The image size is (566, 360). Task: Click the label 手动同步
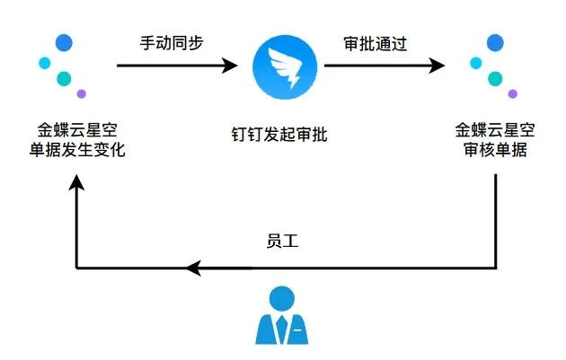coord(172,43)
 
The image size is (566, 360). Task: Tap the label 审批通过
coord(376,44)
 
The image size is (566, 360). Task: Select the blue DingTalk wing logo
coord(285,67)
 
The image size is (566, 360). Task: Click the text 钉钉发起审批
coord(279,135)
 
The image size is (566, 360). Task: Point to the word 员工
coord(282,241)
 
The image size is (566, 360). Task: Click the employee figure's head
coord(282,299)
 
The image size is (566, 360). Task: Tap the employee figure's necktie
coord(282,329)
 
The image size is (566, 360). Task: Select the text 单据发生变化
coord(77,150)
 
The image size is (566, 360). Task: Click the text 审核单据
coord(495,149)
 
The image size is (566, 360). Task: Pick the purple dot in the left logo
coord(82,93)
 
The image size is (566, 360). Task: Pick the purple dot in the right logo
coord(513,93)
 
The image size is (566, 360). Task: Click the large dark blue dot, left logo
coord(64,43)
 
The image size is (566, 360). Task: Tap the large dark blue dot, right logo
coord(495,43)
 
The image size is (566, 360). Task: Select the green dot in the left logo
coord(64,79)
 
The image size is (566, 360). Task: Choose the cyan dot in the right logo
coord(476,63)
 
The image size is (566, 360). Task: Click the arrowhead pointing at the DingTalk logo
coord(230,66)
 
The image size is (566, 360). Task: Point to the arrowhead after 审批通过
coord(437,66)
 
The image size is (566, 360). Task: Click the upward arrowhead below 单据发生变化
coord(76,182)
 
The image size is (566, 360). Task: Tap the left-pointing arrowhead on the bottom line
coord(193,268)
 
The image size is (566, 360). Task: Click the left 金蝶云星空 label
coord(77,130)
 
